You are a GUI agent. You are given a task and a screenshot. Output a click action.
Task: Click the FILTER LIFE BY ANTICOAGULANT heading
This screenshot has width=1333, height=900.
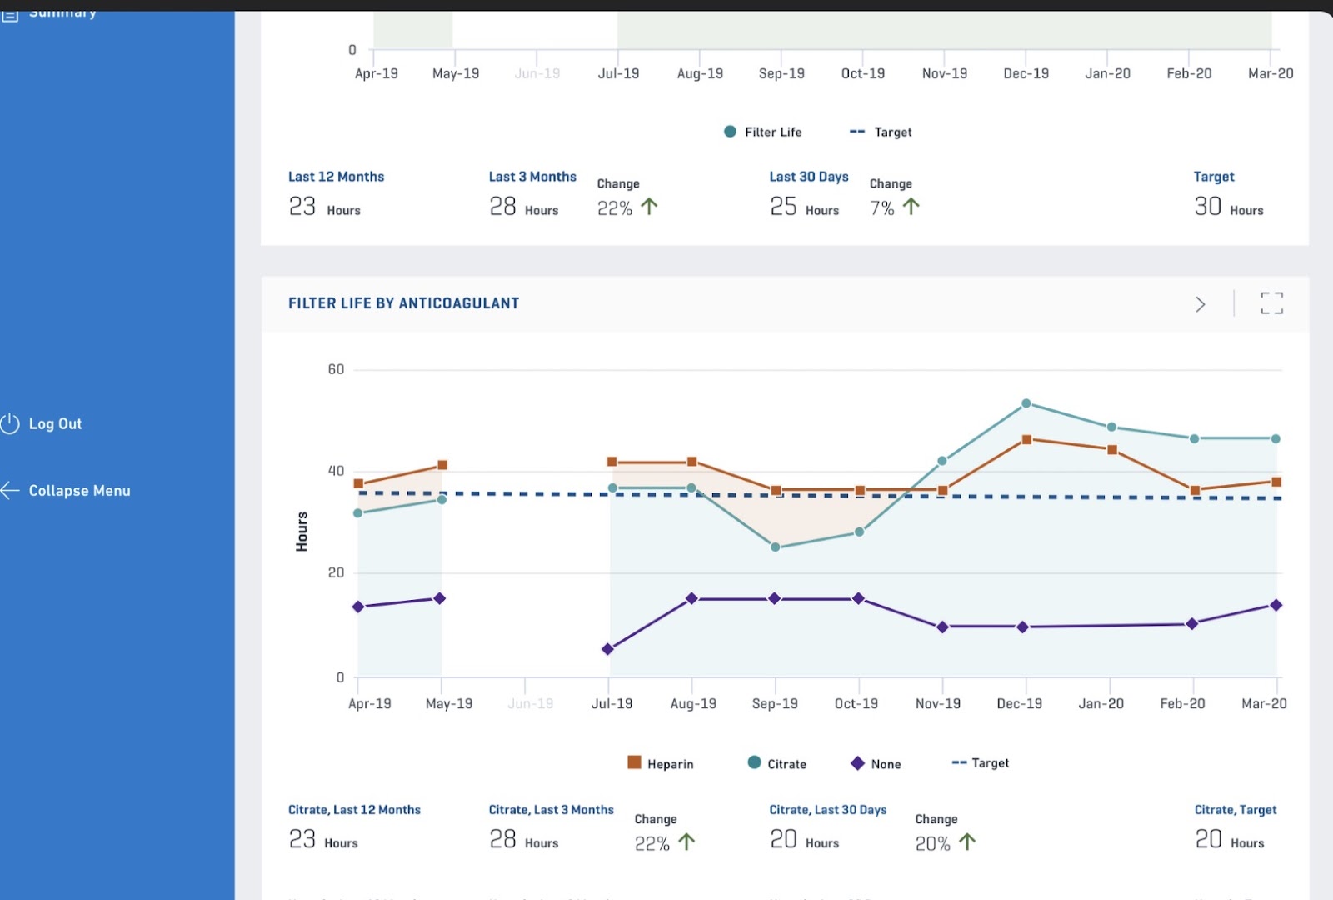(x=403, y=303)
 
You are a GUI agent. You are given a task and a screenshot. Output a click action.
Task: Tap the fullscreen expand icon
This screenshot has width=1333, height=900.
(x=1271, y=303)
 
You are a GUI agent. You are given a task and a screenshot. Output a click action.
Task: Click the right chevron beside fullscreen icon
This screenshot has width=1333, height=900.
(x=1200, y=304)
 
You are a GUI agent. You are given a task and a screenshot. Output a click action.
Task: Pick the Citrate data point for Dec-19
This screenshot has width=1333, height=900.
(x=1026, y=403)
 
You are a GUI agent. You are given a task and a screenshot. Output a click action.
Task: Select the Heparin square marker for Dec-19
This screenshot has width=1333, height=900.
(x=1026, y=439)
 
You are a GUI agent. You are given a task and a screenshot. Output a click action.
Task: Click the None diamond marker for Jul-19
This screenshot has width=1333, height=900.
(x=607, y=649)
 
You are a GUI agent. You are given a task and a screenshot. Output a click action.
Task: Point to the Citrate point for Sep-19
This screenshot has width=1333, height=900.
(x=776, y=547)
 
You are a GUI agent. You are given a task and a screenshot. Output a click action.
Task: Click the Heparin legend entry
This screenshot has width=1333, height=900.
(x=661, y=763)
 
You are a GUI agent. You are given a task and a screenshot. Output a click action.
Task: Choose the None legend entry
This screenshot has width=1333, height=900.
(x=876, y=763)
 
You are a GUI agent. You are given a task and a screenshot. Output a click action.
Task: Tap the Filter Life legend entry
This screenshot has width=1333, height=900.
(x=763, y=132)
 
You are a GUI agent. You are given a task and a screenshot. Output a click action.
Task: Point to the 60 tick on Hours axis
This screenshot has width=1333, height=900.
(x=336, y=369)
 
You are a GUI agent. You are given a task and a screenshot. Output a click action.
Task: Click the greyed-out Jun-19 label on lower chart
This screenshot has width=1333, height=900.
(x=530, y=703)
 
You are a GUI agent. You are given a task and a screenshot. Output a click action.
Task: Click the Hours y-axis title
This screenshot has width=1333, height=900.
(x=302, y=532)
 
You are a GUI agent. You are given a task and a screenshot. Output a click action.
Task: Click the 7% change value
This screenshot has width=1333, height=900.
(x=882, y=208)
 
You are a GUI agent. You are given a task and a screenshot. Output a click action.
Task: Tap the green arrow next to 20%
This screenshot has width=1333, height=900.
(x=967, y=842)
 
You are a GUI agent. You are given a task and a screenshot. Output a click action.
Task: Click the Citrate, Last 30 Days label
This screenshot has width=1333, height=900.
(x=827, y=810)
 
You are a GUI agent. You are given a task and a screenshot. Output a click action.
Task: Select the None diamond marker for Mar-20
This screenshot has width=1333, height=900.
(x=1276, y=605)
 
